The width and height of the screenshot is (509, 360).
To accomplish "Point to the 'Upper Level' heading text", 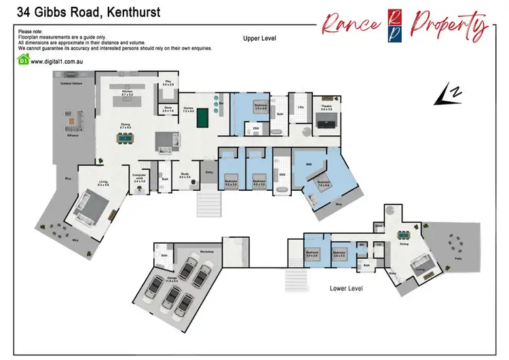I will point(260,39).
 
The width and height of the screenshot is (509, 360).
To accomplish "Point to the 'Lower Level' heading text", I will point(346,288).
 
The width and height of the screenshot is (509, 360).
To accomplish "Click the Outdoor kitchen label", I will point(71,84).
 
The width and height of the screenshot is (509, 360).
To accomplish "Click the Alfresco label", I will point(73,136).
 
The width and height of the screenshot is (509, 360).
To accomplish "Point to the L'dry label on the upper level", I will point(300,107).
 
